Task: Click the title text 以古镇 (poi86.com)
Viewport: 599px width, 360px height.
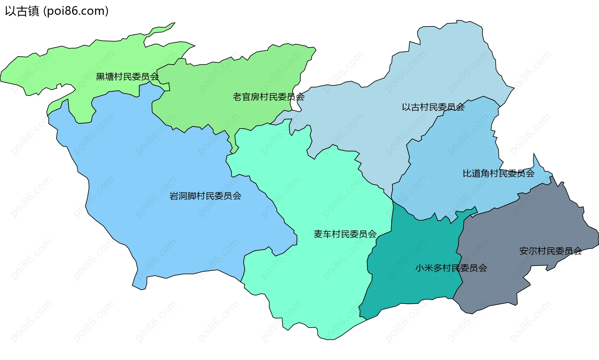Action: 57,11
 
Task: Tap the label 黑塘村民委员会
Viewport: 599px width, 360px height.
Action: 127,76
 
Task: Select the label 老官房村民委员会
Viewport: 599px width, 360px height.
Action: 268,97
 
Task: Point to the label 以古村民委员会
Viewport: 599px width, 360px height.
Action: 433,107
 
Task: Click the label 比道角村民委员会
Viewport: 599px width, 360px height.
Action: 498,173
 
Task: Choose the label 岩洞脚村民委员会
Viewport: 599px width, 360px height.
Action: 205,196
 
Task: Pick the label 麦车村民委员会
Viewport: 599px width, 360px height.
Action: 345,234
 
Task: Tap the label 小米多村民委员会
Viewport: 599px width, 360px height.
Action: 451,268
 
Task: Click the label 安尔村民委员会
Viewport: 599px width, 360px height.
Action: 550,251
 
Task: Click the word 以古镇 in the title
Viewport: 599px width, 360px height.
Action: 22,11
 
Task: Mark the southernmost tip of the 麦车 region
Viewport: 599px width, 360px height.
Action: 328,338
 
